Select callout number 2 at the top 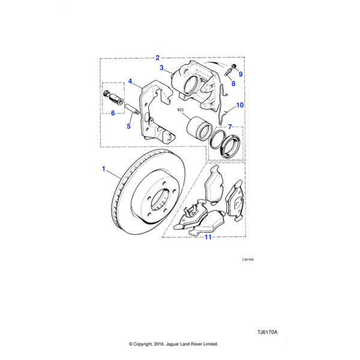pos(157,58)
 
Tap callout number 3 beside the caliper pos(161,68)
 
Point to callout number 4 pos(130,81)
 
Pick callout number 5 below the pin pos(128,126)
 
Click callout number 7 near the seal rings pos(229,127)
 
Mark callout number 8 pos(233,85)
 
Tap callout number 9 pos(240,74)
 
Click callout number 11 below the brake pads pos(208,237)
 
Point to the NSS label pos(180,110)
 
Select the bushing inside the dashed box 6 pos(112,96)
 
